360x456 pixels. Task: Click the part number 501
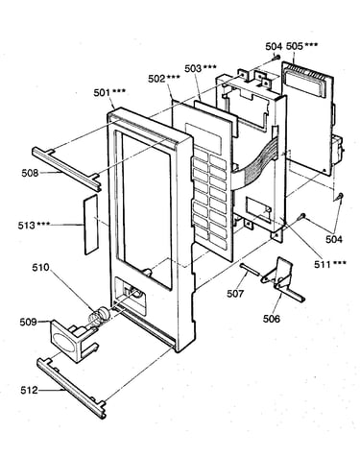point(102,93)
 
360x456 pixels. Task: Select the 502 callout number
point(156,79)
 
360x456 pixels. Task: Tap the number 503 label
point(193,68)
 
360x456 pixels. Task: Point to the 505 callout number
point(294,46)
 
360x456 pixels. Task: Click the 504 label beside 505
point(274,47)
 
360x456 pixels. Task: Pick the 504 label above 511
point(334,239)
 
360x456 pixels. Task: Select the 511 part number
point(323,264)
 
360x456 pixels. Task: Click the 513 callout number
point(26,226)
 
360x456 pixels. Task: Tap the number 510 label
point(40,267)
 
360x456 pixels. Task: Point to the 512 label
point(29,390)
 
